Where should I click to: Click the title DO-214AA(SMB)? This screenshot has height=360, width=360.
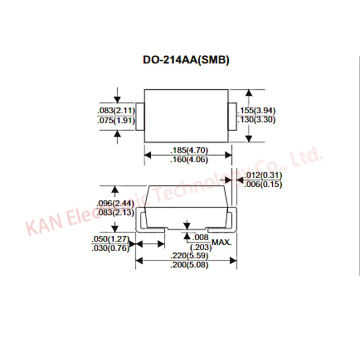coord(186,60)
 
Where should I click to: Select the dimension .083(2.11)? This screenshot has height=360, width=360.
coord(116,111)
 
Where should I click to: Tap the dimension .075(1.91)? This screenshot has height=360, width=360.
coord(116,120)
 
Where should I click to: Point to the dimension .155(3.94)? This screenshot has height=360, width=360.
coord(256,111)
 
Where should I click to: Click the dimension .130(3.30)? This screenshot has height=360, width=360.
coord(256,120)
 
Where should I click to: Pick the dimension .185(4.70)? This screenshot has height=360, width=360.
coord(189,150)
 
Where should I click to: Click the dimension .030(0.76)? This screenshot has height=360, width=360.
coord(110,248)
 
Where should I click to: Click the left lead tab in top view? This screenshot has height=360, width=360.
coord(140,117)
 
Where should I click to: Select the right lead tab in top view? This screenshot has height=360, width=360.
coord(233,117)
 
